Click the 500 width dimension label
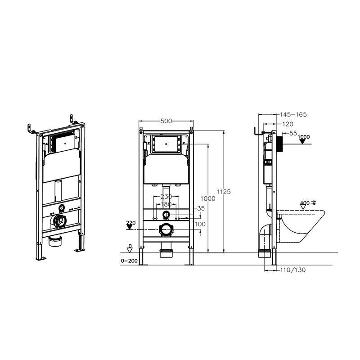coord(166,121)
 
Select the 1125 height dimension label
coord(224,192)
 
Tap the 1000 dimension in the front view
coord(208,198)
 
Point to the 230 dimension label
coord(166,197)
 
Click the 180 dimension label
coord(166,204)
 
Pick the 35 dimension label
coord(201,208)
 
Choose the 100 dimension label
coord(200,224)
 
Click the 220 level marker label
coord(131,223)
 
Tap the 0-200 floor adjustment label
coord(129,261)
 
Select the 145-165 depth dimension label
coord(293,115)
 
